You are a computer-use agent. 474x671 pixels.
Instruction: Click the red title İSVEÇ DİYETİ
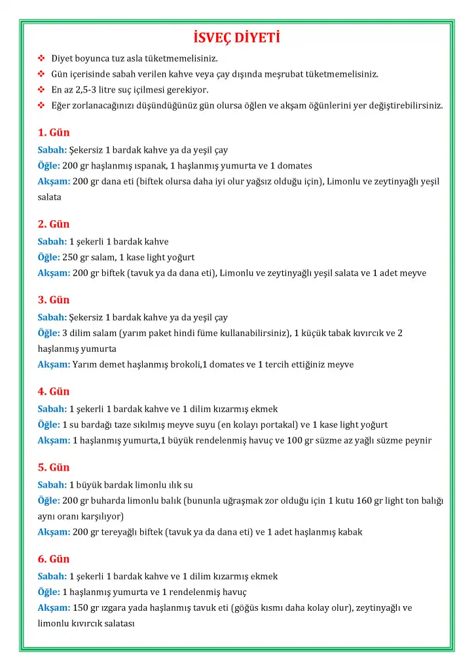[x=237, y=35]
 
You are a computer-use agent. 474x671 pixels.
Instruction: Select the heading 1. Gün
[x=54, y=132]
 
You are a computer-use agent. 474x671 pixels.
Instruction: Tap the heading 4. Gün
[x=54, y=391]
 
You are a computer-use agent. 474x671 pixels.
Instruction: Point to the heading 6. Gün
[x=54, y=559]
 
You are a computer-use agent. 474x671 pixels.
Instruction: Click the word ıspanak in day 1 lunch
[x=150, y=165]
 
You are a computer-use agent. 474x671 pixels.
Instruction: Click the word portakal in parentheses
[x=280, y=425]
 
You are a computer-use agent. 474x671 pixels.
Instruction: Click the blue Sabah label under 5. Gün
[x=52, y=485]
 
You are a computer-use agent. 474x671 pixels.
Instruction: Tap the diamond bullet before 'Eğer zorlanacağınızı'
[x=41, y=105]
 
